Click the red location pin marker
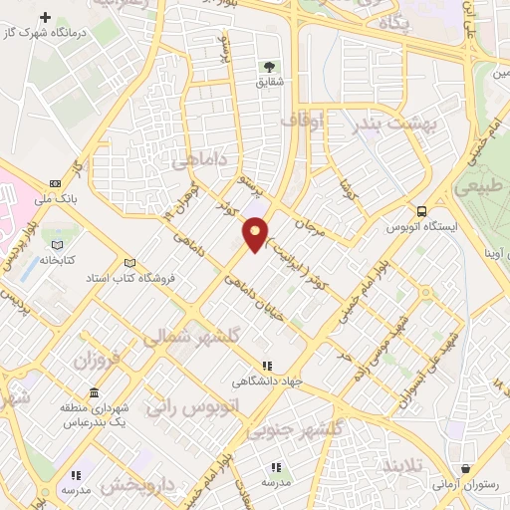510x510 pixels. click(256, 233)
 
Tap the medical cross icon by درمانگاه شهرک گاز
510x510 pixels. click(45, 17)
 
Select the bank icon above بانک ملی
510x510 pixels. click(54, 183)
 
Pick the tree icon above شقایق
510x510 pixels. click(270, 67)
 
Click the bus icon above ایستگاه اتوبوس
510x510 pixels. click(422, 211)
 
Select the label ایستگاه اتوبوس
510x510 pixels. click(421, 227)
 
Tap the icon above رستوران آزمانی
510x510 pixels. click(466, 468)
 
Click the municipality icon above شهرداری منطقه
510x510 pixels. click(94, 391)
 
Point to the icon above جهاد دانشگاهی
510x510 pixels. click(265, 366)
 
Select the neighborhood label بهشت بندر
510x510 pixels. click(395, 124)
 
